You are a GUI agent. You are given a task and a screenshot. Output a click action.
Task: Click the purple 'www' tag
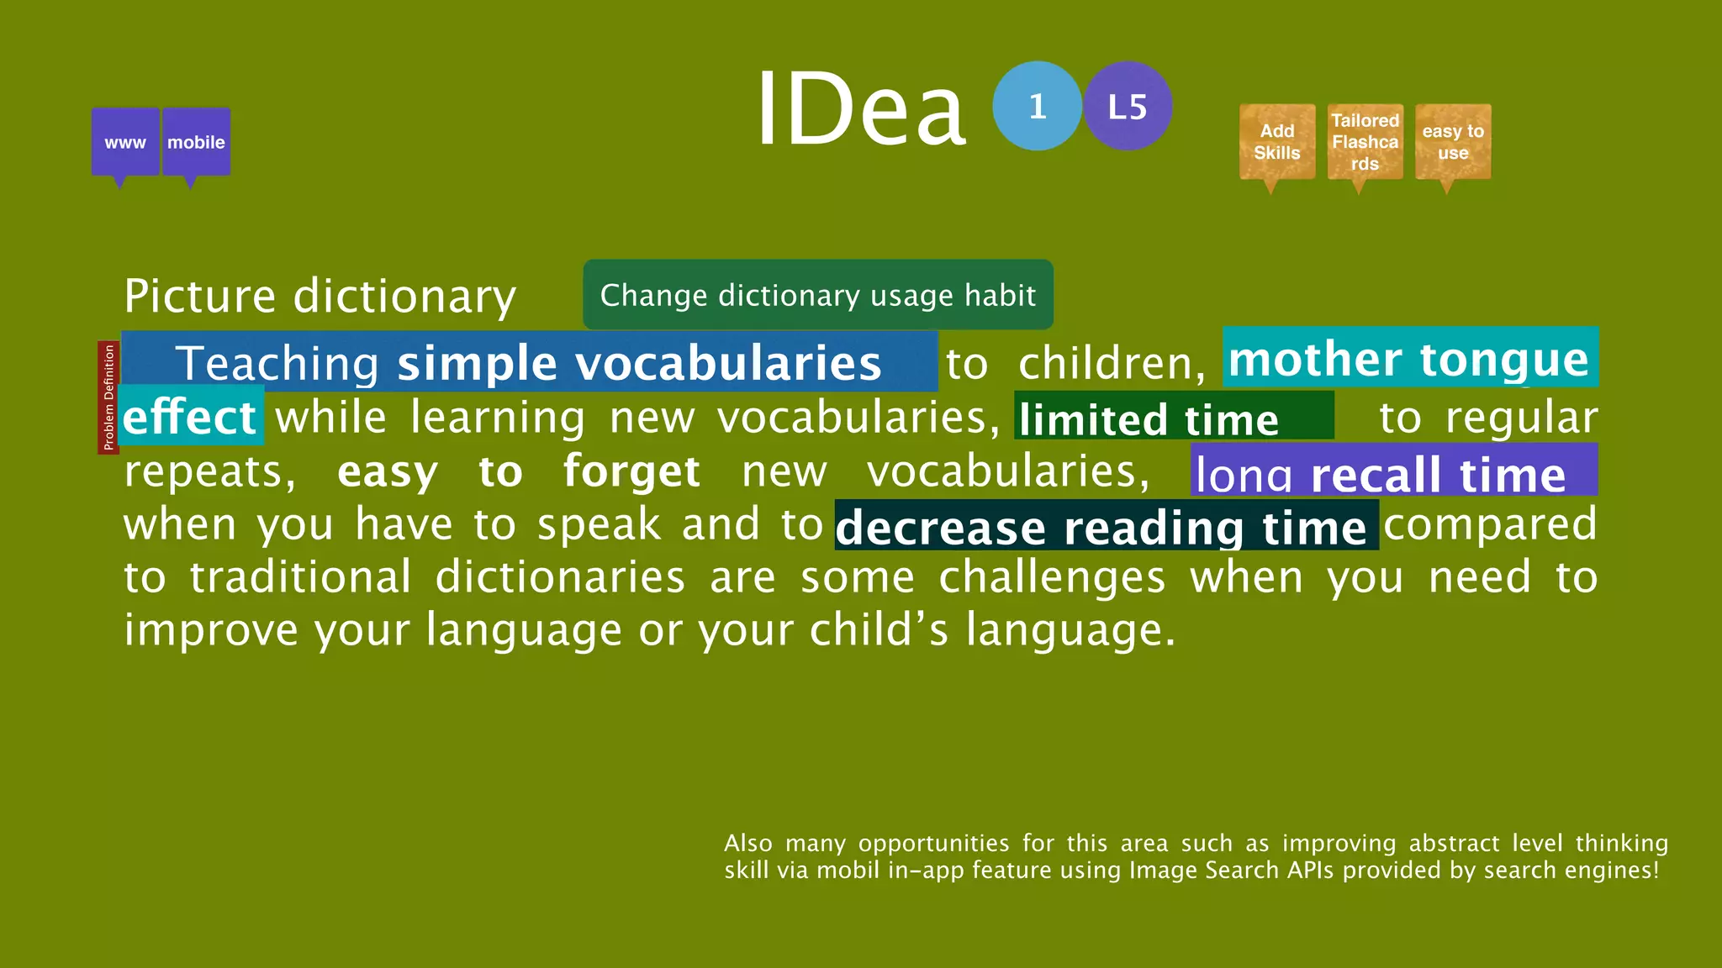pos(125,142)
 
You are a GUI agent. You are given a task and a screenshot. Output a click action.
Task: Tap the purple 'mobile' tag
pos(196,142)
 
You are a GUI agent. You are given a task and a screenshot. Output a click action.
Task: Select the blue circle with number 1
pos(1037,106)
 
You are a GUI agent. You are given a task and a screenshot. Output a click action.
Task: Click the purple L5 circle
pos(1128,106)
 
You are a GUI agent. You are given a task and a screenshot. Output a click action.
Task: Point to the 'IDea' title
pos(861,109)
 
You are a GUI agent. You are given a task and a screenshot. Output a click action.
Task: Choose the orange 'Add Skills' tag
pos(1277,142)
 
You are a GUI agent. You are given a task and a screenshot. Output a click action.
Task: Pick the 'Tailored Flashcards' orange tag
pos(1365,142)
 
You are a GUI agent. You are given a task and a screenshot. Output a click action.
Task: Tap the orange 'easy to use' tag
pos(1453,142)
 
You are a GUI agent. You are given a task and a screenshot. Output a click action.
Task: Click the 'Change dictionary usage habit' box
pos(817,295)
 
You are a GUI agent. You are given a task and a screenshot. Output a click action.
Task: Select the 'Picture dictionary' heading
pos(320,296)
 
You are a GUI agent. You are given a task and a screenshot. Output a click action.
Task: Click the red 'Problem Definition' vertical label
pos(108,397)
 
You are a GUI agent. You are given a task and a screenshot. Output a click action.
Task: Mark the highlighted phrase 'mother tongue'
pos(1409,359)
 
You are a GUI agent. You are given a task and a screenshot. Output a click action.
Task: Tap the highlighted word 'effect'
pos(190,417)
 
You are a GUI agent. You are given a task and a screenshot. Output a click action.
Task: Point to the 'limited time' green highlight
pos(1173,418)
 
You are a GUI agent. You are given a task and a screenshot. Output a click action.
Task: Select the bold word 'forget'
pos(631,471)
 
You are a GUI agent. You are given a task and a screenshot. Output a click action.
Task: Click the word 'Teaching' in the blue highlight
pos(277,363)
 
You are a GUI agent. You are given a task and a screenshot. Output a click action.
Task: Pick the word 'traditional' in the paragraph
pos(301,577)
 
